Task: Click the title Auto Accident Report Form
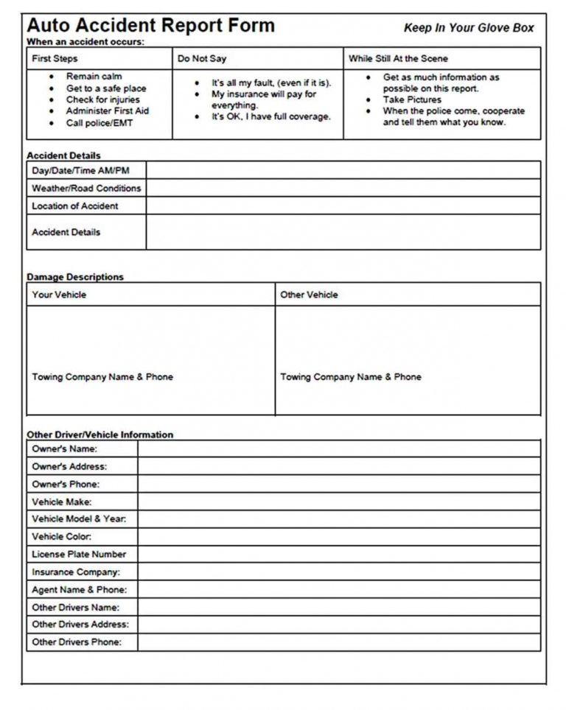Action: coord(150,26)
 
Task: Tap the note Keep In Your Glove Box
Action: coord(469,28)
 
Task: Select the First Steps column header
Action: coord(55,59)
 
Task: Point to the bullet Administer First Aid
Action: coord(108,111)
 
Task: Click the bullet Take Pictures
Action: coord(412,99)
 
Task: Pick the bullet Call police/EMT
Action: coord(99,123)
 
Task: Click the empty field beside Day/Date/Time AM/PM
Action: coord(343,171)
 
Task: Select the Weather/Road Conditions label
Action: coord(86,189)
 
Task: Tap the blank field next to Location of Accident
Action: coord(343,206)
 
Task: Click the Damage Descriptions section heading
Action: coord(75,277)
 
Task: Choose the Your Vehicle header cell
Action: coord(59,295)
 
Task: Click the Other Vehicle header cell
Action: coord(309,295)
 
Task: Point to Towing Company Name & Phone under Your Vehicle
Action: coord(102,377)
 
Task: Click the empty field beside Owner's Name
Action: coord(339,449)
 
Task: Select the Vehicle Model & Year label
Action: coord(79,519)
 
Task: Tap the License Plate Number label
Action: coord(79,555)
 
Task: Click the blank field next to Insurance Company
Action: coord(339,572)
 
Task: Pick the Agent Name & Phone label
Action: coord(79,590)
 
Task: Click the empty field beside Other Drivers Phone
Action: coord(339,642)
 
